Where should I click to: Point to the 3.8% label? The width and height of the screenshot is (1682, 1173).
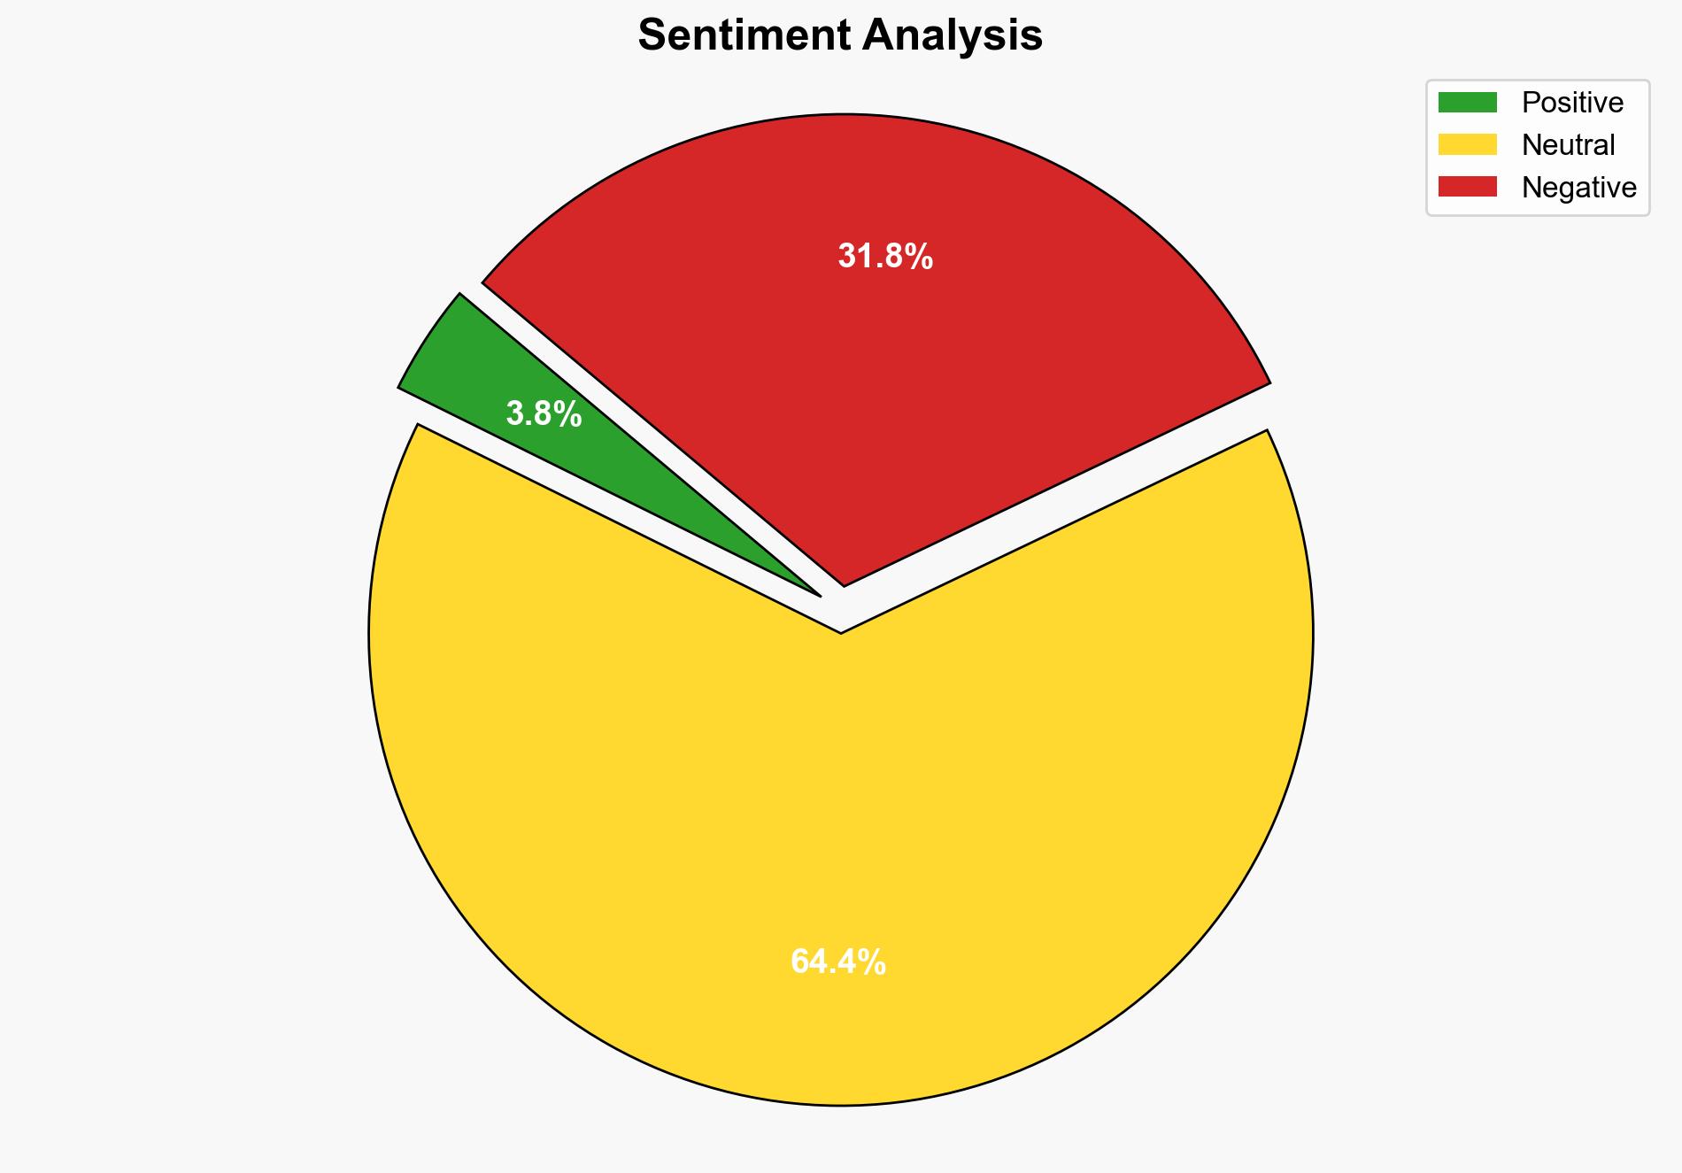click(x=544, y=413)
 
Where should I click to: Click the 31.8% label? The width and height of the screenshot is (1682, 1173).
click(x=885, y=257)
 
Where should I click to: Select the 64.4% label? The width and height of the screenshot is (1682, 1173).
click(x=837, y=961)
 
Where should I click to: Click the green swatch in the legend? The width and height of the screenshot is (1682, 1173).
click(x=1467, y=103)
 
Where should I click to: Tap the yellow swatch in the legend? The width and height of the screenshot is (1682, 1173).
click(x=1467, y=144)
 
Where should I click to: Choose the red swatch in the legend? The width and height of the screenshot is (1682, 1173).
click(x=1467, y=187)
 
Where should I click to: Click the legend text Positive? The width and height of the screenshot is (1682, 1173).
click(x=1572, y=103)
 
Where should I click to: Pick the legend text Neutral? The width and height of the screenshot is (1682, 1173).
click(x=1568, y=145)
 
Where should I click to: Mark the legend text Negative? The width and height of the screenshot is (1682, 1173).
click(x=1578, y=188)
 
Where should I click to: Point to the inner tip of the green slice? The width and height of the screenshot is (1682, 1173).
click(x=818, y=594)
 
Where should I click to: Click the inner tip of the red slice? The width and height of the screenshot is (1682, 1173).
click(x=845, y=583)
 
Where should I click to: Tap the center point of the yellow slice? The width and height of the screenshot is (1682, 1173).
click(x=841, y=634)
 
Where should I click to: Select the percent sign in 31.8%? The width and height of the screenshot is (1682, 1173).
click(x=918, y=257)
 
